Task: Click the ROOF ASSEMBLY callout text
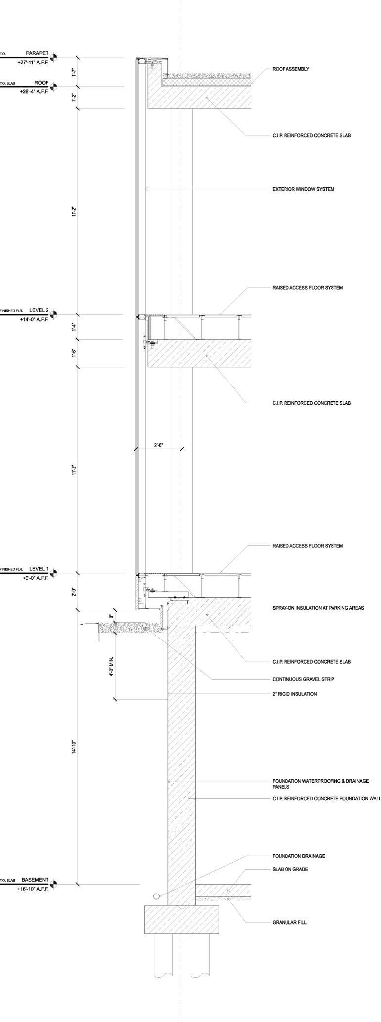pos(291,69)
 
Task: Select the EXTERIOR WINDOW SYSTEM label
pos(303,189)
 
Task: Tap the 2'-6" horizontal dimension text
pos(159,445)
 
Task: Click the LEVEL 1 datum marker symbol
pos(54,573)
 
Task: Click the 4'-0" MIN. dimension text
pos(112,667)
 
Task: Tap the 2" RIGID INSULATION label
pos(294,694)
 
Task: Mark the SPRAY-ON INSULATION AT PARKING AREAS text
pos(318,608)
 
